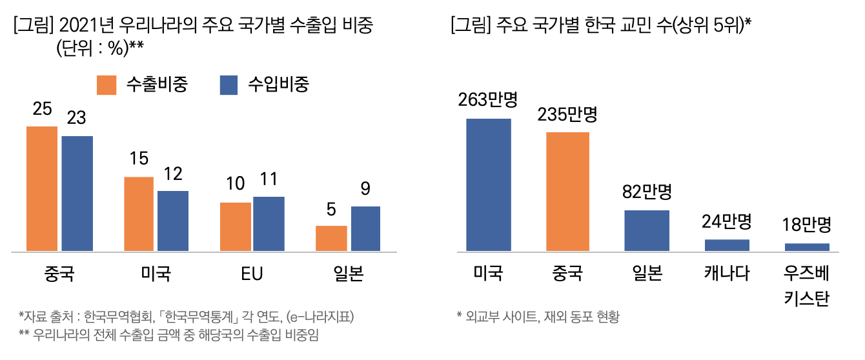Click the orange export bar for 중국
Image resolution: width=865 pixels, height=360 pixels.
42,188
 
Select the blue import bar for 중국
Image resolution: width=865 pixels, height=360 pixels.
77,193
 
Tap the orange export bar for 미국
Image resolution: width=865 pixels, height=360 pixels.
139,214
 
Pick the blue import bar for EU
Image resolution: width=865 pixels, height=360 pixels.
269,223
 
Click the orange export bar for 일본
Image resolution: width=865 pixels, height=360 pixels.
331,238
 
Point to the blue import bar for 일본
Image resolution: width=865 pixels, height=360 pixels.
365,228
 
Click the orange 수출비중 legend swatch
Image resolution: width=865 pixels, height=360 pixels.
107,85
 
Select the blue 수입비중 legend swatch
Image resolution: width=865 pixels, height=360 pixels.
229,85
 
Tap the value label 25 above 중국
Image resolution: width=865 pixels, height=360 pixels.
43,110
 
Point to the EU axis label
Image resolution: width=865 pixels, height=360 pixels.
252,274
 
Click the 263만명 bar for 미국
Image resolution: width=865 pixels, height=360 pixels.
489,185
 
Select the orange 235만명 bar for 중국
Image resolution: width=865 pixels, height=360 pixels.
567,192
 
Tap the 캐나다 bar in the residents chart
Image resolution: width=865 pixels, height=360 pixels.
727,245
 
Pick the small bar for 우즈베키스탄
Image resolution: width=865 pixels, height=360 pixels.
807,247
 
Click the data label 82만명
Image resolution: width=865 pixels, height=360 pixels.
647,192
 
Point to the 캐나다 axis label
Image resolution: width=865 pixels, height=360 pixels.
727,274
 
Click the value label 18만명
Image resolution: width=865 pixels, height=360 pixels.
807,225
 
